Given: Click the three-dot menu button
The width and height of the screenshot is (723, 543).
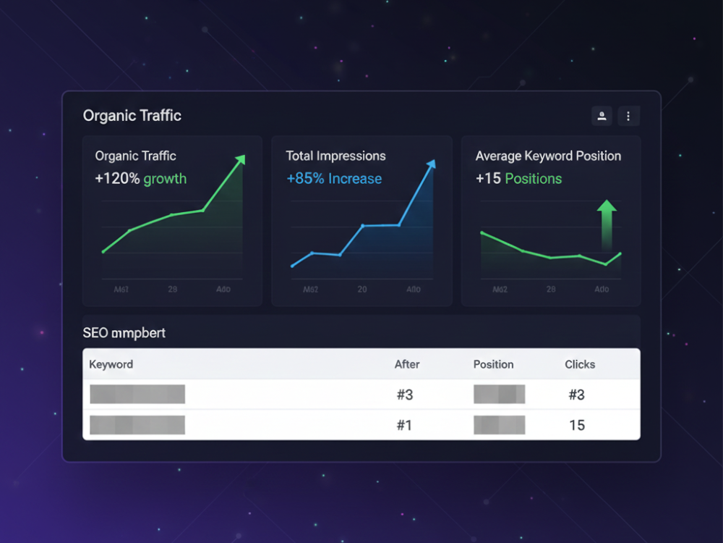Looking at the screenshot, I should (x=628, y=116).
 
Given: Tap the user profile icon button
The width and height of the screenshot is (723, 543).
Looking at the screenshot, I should (x=602, y=116).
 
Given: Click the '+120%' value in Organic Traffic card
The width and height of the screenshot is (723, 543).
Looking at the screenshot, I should (x=117, y=179).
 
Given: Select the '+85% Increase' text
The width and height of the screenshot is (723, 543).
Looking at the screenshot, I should (x=334, y=179).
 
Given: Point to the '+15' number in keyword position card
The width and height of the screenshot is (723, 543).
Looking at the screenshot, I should (x=488, y=179).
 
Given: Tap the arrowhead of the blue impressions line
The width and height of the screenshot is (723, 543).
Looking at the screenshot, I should (x=432, y=164).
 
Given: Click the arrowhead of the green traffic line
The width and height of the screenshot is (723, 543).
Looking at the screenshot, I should (x=241, y=159).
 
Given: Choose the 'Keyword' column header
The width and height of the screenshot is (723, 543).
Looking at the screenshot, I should (x=111, y=364).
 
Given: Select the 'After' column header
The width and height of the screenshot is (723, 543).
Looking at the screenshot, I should (x=407, y=364).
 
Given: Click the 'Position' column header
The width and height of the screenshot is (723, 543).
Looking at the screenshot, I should (x=493, y=364).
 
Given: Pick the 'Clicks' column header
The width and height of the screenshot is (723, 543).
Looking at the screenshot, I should (x=580, y=364).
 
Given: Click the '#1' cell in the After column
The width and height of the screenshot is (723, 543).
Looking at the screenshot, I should (x=404, y=425).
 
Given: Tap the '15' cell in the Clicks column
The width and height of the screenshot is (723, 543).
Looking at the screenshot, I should (x=577, y=425).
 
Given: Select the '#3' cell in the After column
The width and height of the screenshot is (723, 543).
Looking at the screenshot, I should (x=404, y=395).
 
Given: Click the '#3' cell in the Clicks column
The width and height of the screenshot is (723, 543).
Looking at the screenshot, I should (x=577, y=395).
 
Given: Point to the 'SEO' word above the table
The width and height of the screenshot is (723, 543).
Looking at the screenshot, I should (x=95, y=333).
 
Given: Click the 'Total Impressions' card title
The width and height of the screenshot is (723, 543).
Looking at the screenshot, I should (x=335, y=156).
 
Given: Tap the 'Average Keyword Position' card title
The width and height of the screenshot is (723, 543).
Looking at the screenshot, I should (x=548, y=156).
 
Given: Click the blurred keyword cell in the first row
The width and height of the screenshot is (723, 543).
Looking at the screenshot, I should (x=137, y=395).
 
